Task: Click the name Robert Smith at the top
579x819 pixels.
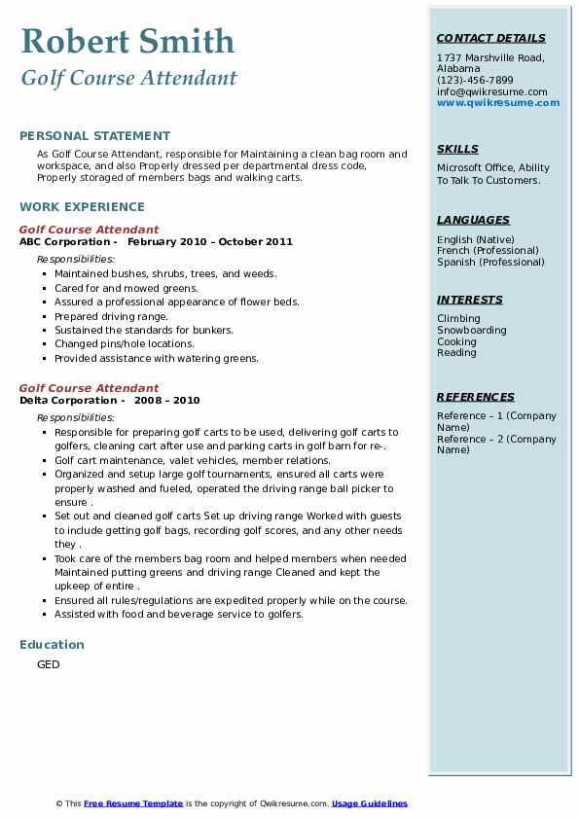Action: [x=127, y=41]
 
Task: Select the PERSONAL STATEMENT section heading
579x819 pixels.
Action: [x=94, y=136]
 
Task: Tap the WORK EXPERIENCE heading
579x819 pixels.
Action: [x=82, y=206]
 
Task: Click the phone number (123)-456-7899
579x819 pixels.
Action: [x=475, y=81]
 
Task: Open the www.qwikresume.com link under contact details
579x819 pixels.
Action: [x=498, y=102]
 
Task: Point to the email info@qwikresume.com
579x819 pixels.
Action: [x=491, y=91]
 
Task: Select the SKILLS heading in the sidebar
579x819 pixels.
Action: [x=457, y=149]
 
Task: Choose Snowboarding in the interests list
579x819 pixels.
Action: [x=471, y=330]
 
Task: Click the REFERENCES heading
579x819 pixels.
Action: [x=475, y=397]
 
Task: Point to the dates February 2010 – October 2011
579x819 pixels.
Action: [x=209, y=241]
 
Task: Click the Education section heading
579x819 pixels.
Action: [x=52, y=644]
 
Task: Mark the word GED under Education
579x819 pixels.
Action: [x=49, y=664]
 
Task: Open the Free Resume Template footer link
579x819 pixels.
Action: [x=133, y=803]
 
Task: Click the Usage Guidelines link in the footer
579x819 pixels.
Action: [x=369, y=803]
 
